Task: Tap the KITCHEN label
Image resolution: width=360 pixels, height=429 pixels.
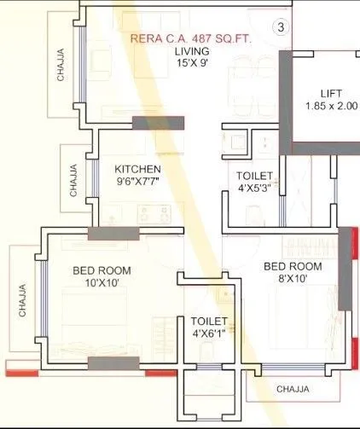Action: point(138,170)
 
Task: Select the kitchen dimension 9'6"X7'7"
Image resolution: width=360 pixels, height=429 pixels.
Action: point(137,182)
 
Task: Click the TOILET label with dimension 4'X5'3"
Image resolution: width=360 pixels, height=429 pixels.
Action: point(254,176)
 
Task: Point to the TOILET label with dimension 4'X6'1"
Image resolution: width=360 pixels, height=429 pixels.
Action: point(209,321)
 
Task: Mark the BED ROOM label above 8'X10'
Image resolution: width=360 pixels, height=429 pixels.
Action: point(293,266)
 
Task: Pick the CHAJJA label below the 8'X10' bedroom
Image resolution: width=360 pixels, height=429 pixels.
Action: point(293,389)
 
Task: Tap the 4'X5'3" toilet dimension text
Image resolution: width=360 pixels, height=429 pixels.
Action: point(254,188)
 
